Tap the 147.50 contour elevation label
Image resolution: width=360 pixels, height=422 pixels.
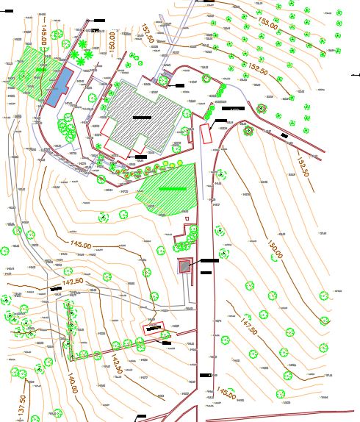tap(249, 326)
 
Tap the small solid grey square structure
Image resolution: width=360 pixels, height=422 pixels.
tap(184, 268)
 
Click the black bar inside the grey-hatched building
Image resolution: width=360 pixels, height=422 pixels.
tap(141, 117)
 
